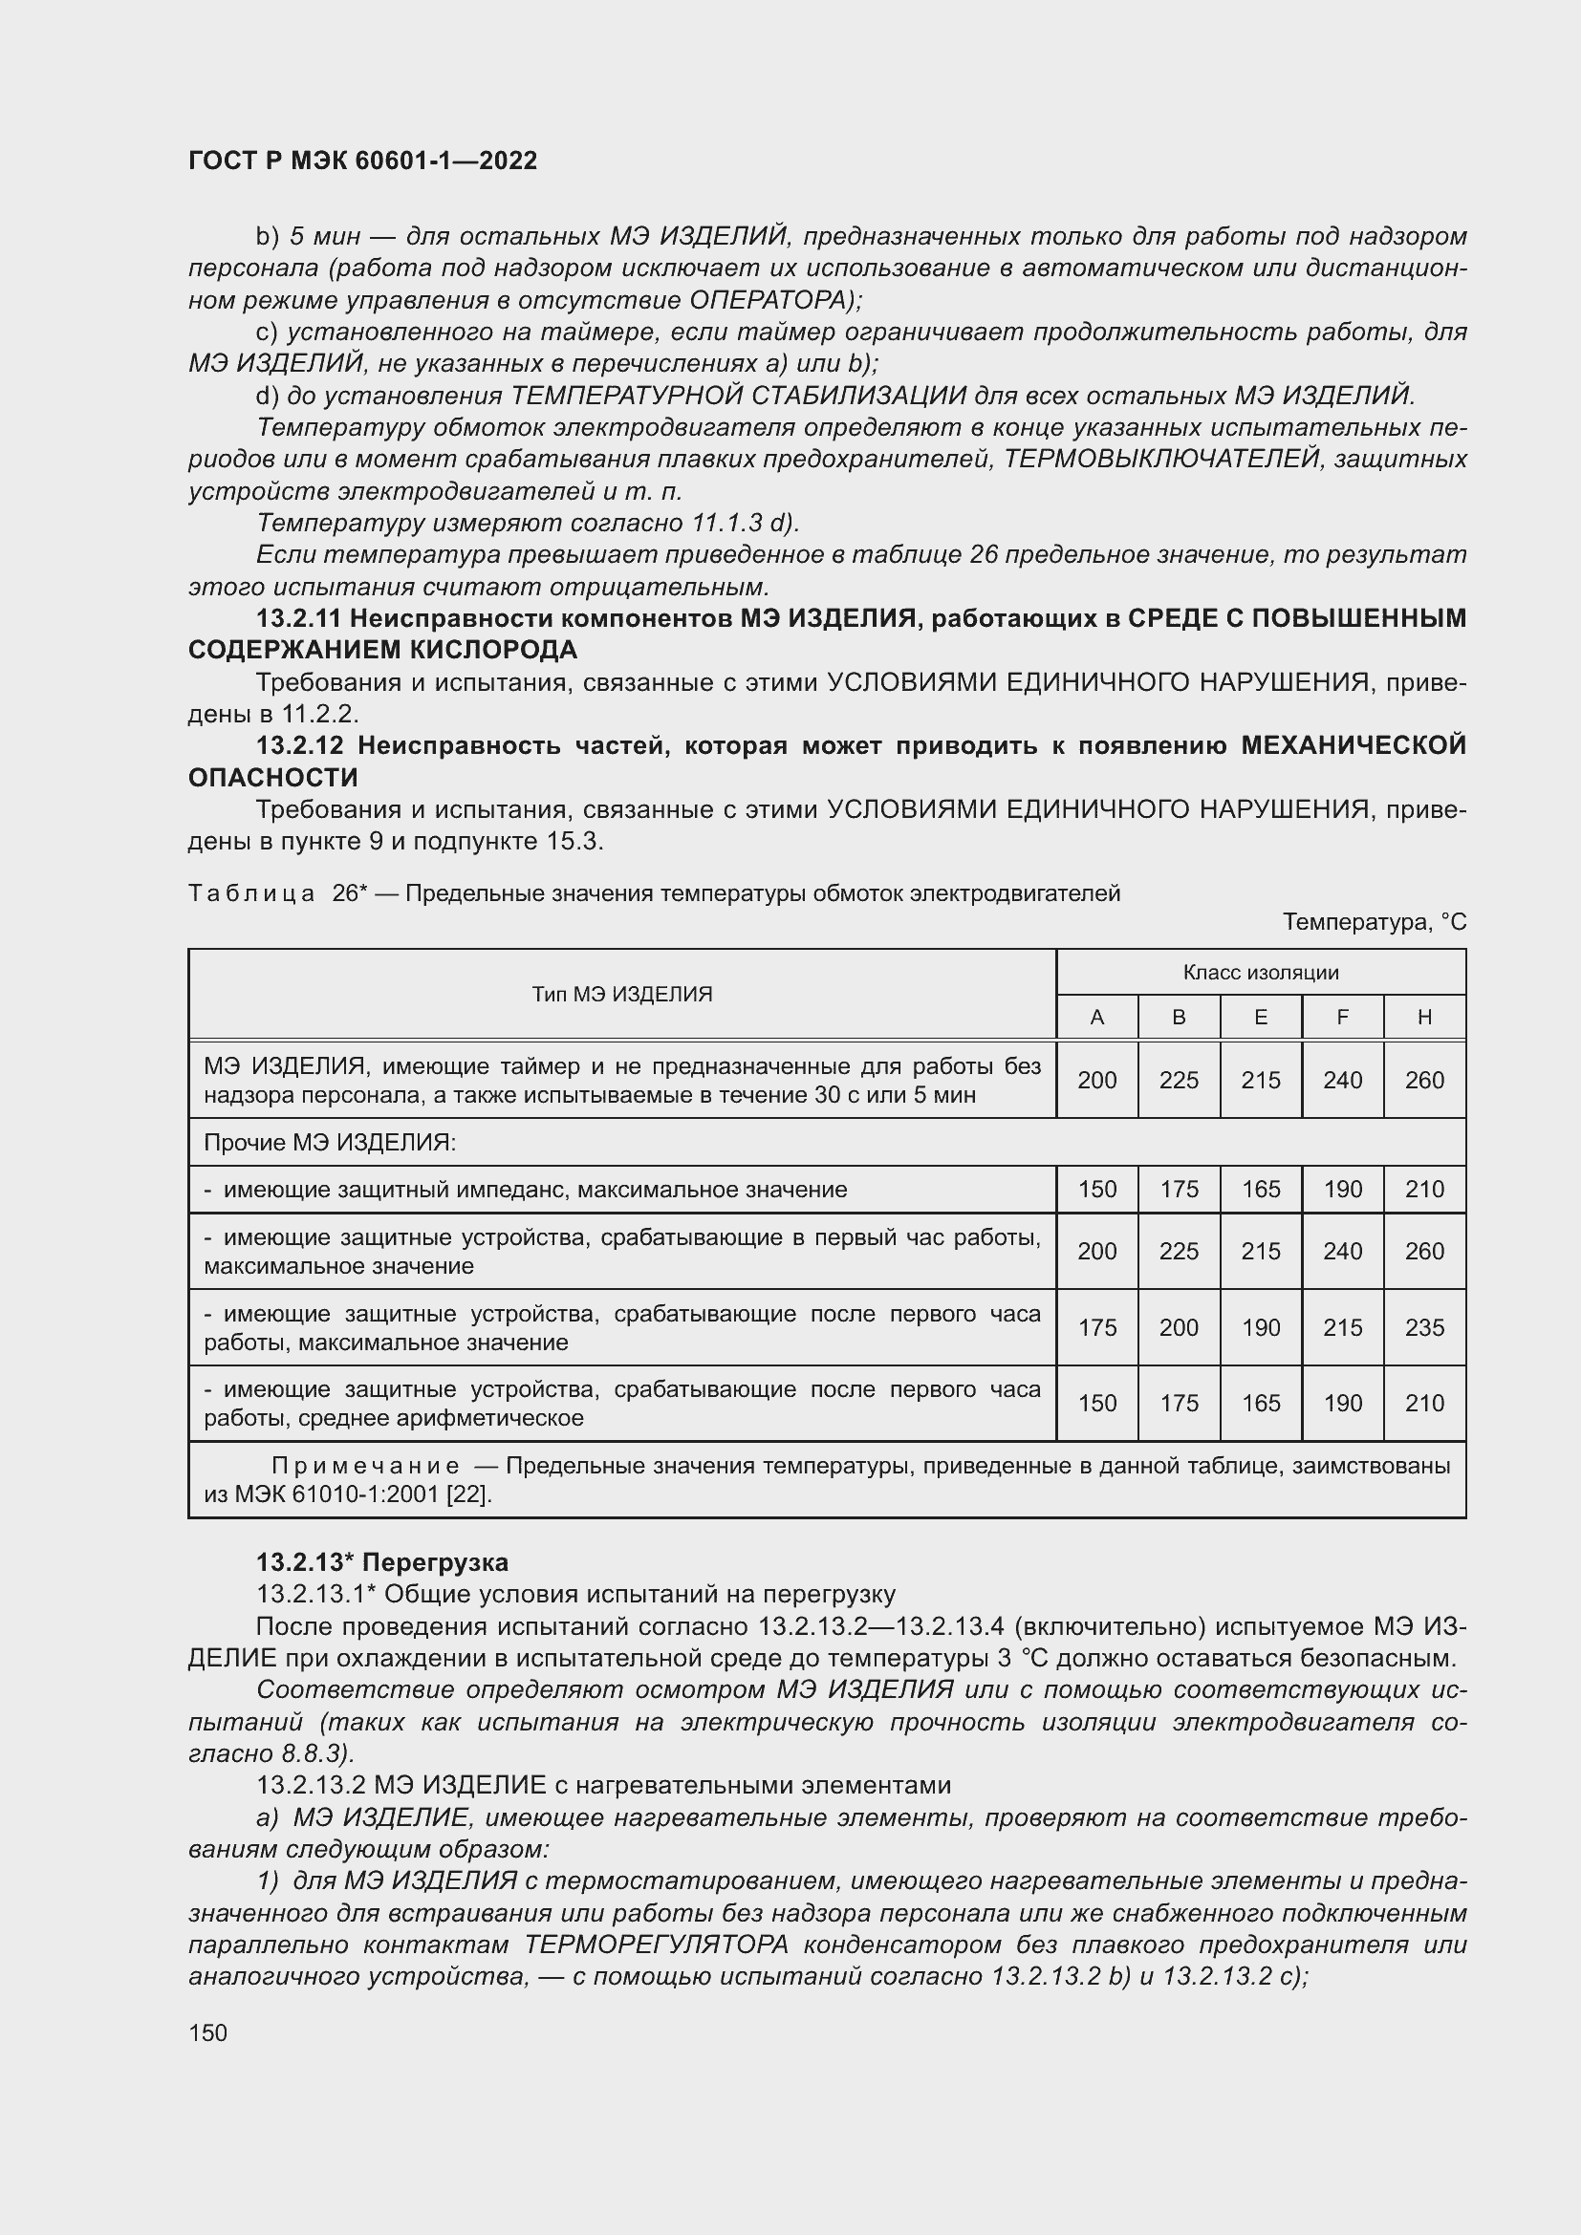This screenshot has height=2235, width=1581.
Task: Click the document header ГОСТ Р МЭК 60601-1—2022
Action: click(362, 161)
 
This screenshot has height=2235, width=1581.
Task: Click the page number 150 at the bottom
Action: click(207, 2032)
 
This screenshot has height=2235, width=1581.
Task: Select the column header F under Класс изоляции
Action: click(1341, 1018)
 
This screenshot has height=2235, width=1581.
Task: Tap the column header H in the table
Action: click(1424, 1018)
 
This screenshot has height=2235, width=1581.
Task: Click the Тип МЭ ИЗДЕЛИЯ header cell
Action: click(622, 994)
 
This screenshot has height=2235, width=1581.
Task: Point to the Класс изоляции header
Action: click(1261, 972)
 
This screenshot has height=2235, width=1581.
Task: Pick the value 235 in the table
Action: click(1424, 1328)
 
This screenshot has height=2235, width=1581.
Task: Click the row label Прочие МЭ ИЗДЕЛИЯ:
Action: click(330, 1142)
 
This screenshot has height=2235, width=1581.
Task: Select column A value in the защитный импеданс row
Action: click(1097, 1190)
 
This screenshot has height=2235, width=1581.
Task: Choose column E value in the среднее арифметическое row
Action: click(1261, 1403)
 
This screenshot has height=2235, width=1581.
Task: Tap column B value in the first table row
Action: click(1179, 1080)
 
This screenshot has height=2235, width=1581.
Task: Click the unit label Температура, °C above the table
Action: click(1374, 922)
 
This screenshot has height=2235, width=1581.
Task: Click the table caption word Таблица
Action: click(251, 893)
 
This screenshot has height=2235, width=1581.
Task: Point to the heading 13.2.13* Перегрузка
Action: click(381, 1562)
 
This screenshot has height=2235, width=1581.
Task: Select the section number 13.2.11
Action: click(298, 618)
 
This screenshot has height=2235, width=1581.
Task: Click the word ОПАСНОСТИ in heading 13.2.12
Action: click(272, 778)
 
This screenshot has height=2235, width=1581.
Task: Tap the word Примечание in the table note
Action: click(365, 1466)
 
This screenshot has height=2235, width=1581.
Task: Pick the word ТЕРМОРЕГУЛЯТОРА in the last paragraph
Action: click(656, 1945)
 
